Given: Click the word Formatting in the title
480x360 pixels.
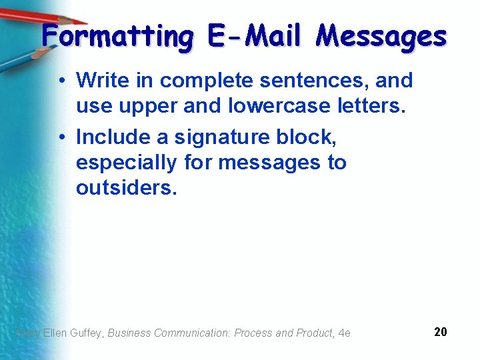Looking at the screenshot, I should [x=117, y=36].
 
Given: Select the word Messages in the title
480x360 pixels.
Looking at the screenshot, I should [x=381, y=36].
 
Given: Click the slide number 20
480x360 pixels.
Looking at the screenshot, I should [x=440, y=332].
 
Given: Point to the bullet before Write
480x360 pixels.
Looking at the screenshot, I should [x=61, y=81].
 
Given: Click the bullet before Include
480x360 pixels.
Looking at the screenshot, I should [x=61, y=137].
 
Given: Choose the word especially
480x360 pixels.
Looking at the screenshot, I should [x=127, y=163].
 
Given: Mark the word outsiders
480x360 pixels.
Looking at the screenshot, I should [x=127, y=187].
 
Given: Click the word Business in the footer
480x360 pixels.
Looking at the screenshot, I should [x=129, y=333].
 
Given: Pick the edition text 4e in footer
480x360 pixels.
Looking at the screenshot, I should [x=344, y=333].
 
